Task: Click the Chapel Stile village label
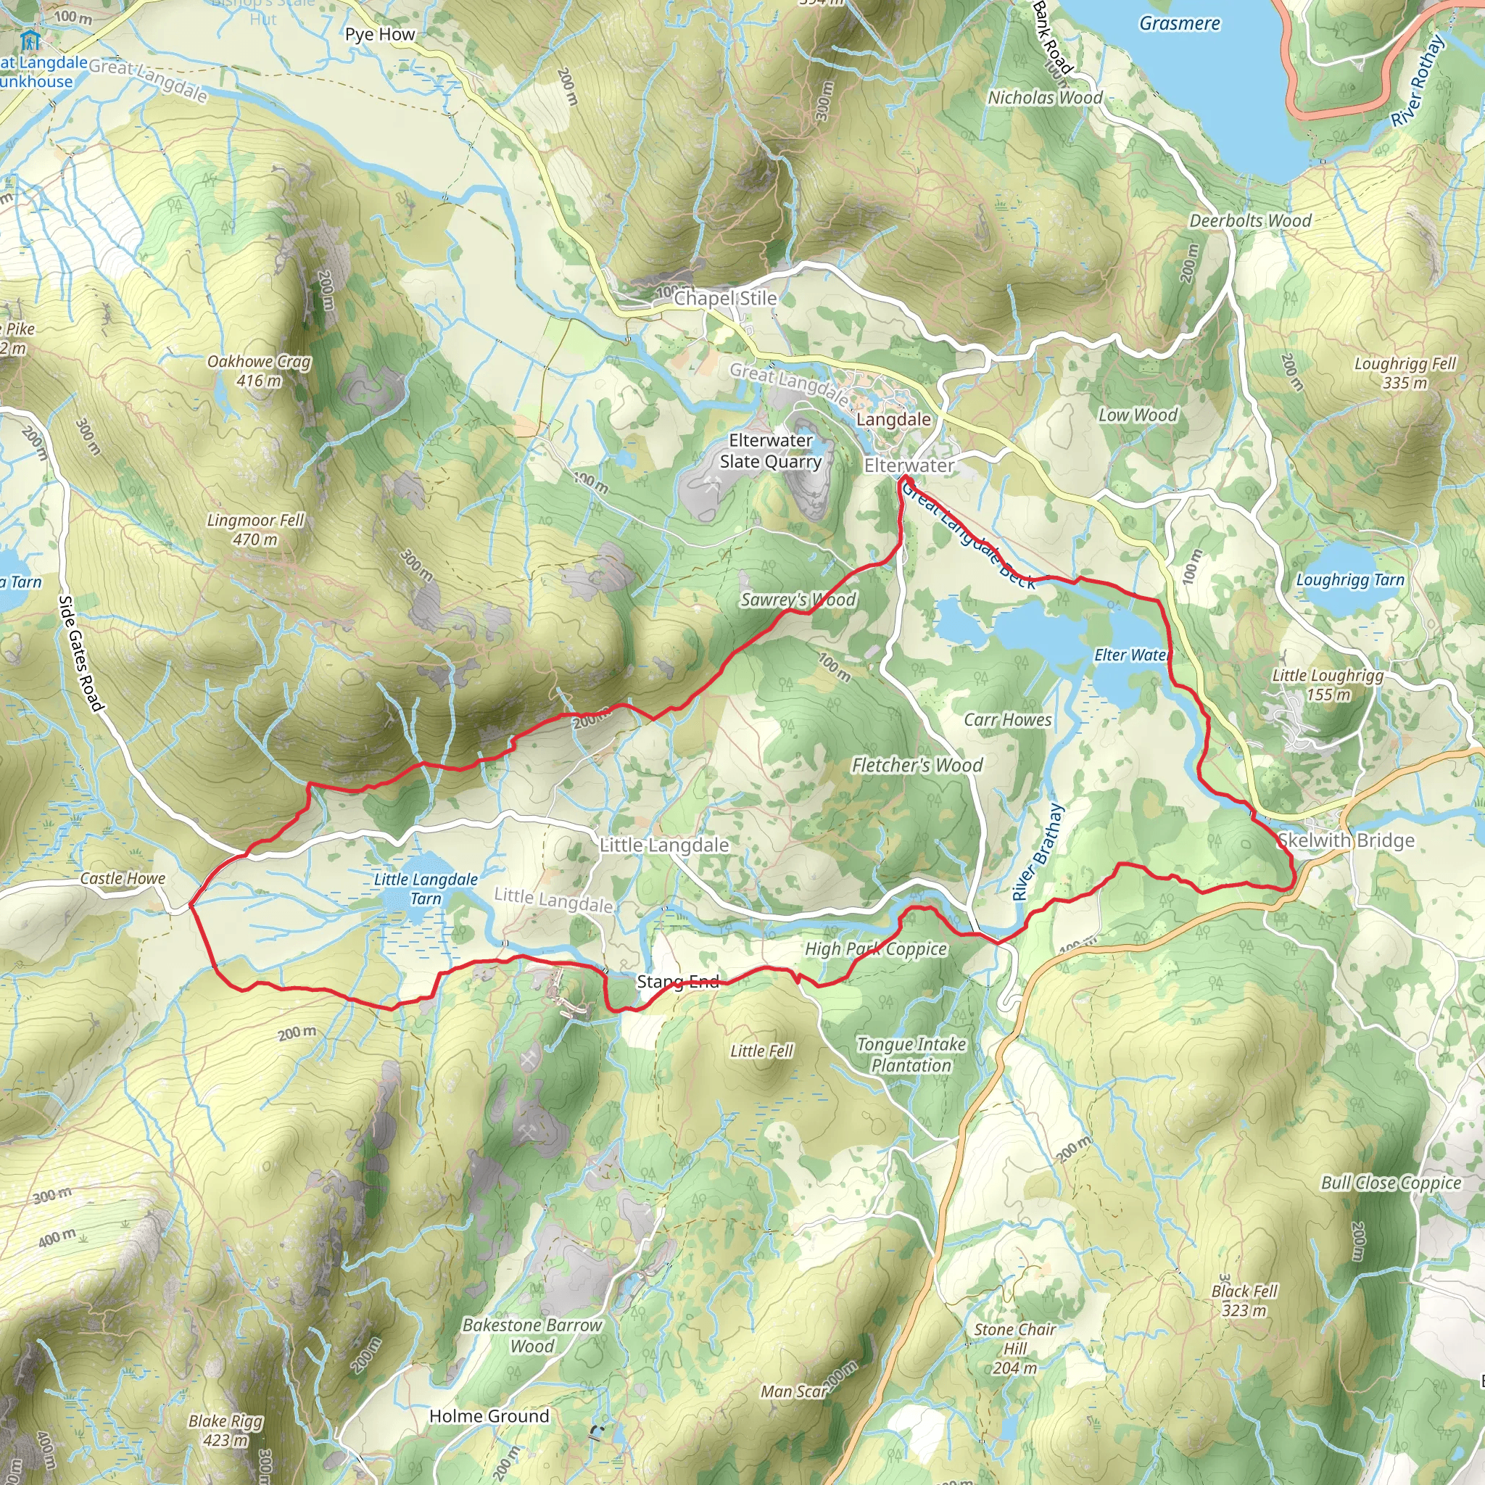725,298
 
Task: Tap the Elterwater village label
909,466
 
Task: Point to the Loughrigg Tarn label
1349,580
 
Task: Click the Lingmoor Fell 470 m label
255,529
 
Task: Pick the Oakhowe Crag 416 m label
259,371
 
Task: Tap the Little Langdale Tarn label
426,888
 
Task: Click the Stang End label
678,982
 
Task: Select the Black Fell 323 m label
1244,1301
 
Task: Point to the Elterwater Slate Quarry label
770,451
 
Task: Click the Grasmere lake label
1179,24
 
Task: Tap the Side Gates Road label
80,653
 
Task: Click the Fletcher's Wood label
917,765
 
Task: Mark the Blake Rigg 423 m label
226,1431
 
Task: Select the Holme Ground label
489,1416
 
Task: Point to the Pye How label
380,35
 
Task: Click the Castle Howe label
123,879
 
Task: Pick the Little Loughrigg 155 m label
1328,684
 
